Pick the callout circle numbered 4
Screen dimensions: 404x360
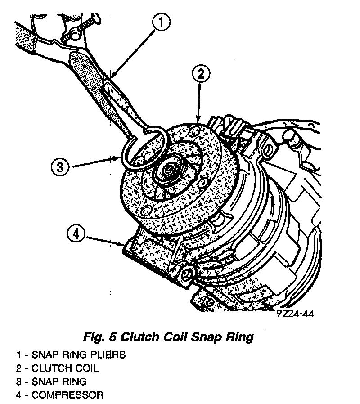pyautogui.click(x=77, y=234)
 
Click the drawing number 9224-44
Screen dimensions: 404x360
pyautogui.click(x=294, y=314)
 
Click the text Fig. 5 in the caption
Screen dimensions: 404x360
pyautogui.click(x=103, y=337)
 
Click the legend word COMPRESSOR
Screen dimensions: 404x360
pyautogui.click(x=67, y=396)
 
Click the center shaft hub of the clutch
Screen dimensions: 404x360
pyautogui.click(x=171, y=170)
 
